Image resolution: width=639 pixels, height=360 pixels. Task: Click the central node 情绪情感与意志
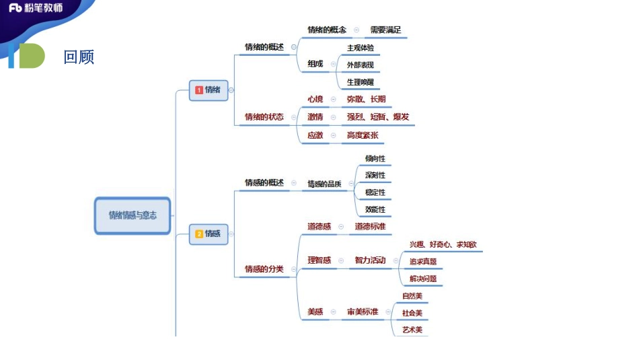point(133,215)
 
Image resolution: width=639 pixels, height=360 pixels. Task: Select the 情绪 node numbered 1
point(209,89)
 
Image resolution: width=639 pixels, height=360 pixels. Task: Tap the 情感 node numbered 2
point(209,233)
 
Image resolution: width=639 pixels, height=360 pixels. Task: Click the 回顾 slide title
point(79,57)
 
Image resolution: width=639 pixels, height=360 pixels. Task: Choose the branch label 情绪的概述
point(264,47)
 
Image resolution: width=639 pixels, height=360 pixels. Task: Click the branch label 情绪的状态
point(264,116)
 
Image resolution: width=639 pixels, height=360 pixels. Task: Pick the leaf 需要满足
point(385,30)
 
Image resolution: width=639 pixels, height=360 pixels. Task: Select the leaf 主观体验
point(360,48)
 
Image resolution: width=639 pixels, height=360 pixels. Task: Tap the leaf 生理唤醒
point(360,82)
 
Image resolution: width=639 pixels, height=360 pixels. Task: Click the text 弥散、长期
point(366,99)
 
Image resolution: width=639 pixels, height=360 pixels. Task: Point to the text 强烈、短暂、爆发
point(377,116)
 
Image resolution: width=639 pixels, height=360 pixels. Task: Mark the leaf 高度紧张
point(362,135)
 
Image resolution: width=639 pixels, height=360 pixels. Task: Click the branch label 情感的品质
point(324,184)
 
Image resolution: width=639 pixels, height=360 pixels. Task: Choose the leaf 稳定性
point(375,192)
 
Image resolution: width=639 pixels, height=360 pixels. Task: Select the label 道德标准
point(370,227)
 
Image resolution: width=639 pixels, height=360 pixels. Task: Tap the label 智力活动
point(370,260)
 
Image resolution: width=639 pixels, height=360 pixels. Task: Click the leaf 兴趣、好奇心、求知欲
point(443,244)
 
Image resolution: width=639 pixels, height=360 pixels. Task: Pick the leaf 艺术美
point(412,330)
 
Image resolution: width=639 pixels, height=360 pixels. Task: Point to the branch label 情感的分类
point(264,269)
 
